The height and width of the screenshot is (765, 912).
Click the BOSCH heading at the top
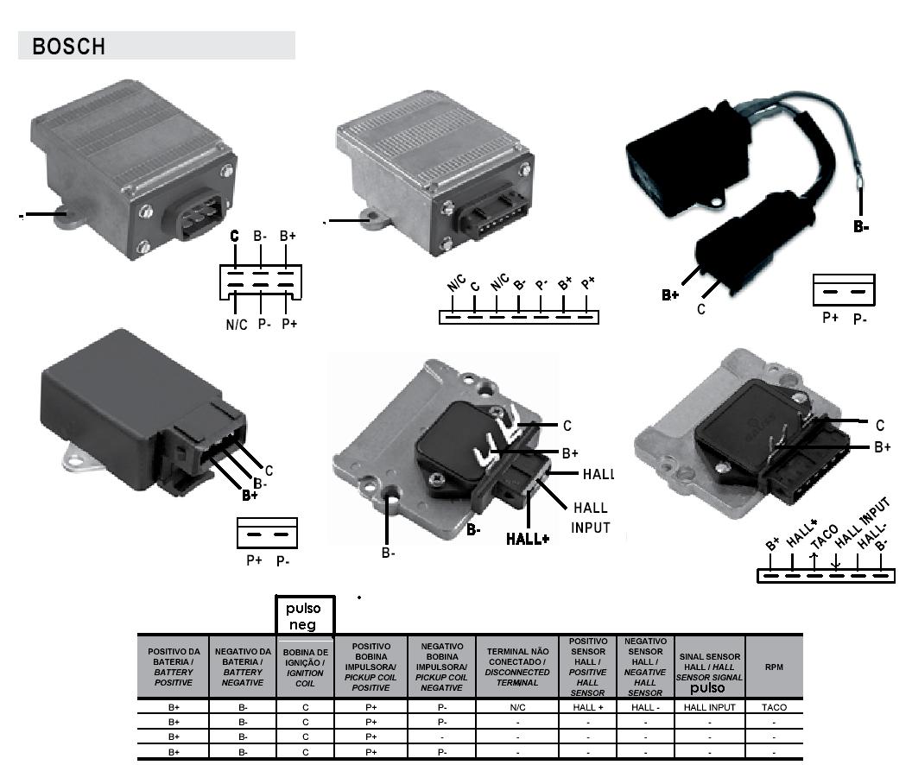(x=69, y=47)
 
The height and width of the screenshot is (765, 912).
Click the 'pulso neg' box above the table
(x=304, y=616)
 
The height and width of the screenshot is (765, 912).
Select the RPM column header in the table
(x=774, y=667)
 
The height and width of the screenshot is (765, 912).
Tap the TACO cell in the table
(x=774, y=707)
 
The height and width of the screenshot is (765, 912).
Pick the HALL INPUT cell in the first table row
(x=709, y=707)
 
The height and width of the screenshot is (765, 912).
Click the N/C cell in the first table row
(x=517, y=707)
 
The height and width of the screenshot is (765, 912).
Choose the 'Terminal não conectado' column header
(x=517, y=667)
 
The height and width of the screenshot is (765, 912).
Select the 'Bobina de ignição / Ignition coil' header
(x=305, y=667)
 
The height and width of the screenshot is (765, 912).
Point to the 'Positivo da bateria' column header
(x=174, y=667)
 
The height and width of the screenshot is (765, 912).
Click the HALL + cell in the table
(x=588, y=707)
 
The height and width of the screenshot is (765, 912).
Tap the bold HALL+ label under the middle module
(x=528, y=539)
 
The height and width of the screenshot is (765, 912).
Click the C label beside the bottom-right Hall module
(x=879, y=426)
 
